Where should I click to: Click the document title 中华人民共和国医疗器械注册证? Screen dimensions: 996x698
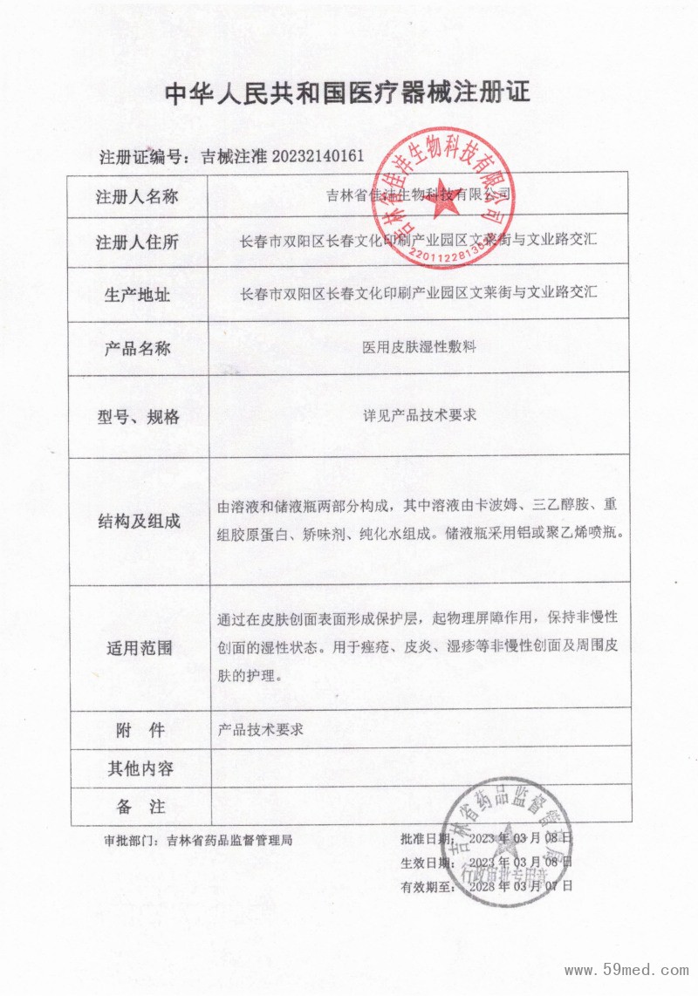tap(347, 93)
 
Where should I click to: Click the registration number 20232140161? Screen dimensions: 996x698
tap(318, 157)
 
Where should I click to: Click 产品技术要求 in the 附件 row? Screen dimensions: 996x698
tap(260, 730)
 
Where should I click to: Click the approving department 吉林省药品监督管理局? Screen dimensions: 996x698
tap(222, 841)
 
